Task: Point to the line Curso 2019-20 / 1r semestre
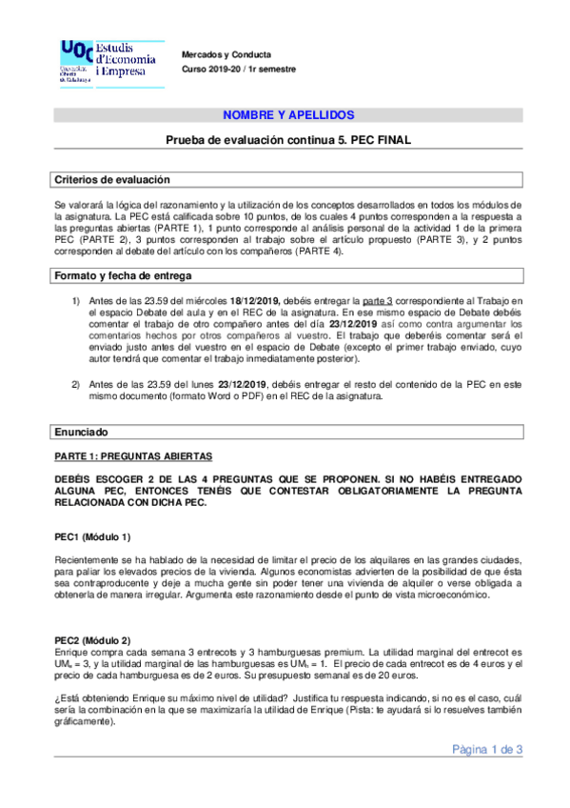pos(239,70)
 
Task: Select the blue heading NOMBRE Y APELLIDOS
pos(287,115)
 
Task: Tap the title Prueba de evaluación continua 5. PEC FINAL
pos(287,140)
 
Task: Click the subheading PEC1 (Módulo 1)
pos(93,535)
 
